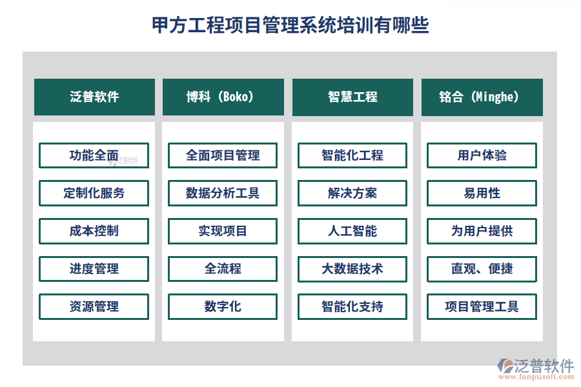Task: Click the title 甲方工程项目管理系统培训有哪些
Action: click(x=290, y=25)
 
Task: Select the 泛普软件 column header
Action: click(x=94, y=97)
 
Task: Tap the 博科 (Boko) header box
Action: click(x=223, y=97)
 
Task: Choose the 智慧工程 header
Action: click(x=352, y=97)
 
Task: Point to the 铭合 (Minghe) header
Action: click(x=482, y=97)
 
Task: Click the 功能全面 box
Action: click(x=94, y=155)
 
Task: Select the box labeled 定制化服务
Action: click(x=94, y=193)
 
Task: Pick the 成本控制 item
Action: click(x=94, y=231)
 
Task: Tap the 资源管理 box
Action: click(x=94, y=306)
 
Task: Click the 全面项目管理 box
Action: click(x=223, y=155)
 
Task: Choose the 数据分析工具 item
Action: click(x=223, y=193)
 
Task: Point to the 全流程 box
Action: click(x=223, y=269)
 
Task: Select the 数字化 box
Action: click(x=223, y=306)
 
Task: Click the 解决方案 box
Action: click(x=352, y=193)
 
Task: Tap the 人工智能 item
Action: click(x=352, y=231)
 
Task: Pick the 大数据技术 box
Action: click(x=352, y=269)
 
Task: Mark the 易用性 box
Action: click(x=482, y=193)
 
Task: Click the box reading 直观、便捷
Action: click(x=482, y=269)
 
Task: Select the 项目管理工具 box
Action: click(x=482, y=306)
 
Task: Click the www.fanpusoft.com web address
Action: click(x=536, y=377)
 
